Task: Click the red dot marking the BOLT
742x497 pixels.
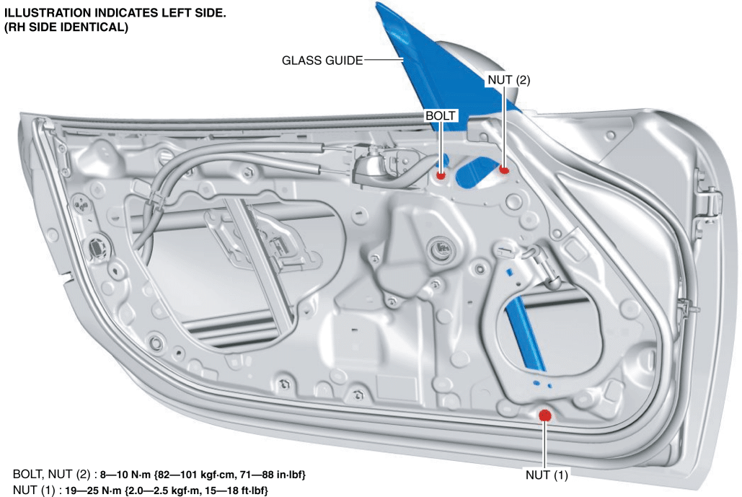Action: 441,175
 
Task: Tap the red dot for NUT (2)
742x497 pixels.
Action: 504,169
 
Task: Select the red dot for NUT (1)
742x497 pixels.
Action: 545,415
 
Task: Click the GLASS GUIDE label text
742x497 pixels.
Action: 322,61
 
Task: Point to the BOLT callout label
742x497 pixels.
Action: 440,116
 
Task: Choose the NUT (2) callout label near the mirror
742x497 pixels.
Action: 508,80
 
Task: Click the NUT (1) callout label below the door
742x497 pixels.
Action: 547,475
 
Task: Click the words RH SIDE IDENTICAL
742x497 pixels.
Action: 66,27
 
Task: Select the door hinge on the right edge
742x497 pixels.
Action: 708,201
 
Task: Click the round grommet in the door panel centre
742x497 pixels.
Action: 441,247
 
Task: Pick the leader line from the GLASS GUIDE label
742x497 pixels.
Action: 384,60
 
